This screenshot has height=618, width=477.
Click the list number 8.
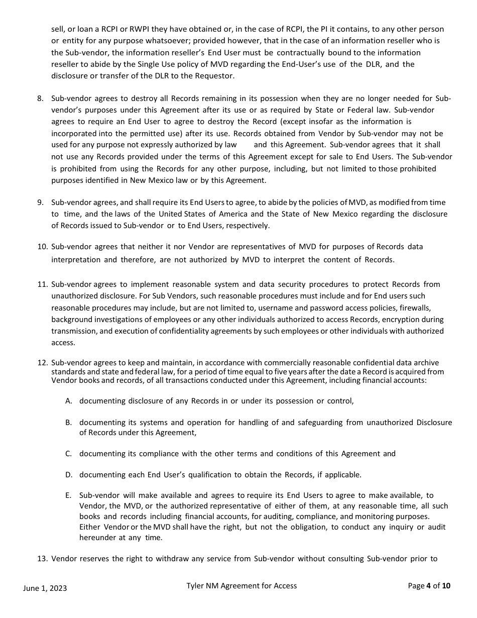[40, 98]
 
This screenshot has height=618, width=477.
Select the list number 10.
[42, 247]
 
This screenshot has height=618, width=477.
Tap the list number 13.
[42, 559]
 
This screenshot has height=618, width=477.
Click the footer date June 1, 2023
[45, 588]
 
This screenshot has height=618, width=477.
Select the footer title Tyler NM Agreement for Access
[242, 586]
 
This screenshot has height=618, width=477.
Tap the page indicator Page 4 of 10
[429, 586]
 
